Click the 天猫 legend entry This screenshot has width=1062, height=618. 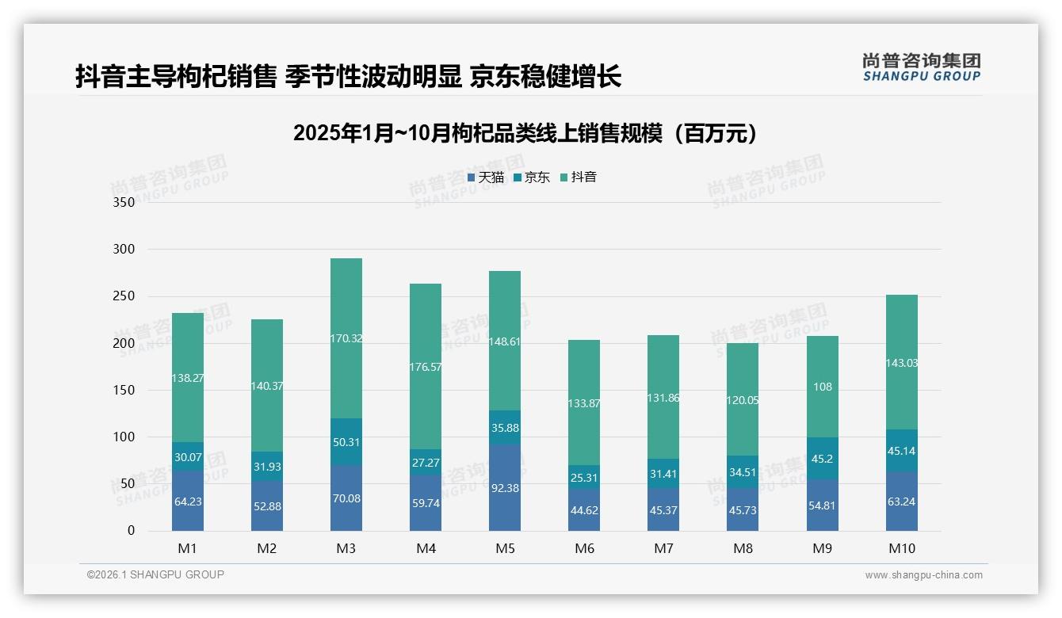pyautogui.click(x=486, y=177)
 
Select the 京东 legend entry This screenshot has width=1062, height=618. pyautogui.click(x=532, y=177)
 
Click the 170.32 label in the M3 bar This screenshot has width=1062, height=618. pyautogui.click(x=346, y=338)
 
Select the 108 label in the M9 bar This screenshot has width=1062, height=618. pyautogui.click(x=823, y=387)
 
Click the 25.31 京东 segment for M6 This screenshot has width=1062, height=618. pyautogui.click(x=584, y=478)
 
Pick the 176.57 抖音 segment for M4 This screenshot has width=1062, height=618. pyautogui.click(x=426, y=367)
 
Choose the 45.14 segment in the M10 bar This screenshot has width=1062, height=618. pyautogui.click(x=902, y=451)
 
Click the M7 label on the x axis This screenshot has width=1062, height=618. pyautogui.click(x=663, y=548)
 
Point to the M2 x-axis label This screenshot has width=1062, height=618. pyautogui.click(x=267, y=548)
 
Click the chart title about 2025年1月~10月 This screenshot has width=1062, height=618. pyautogui.click(x=525, y=133)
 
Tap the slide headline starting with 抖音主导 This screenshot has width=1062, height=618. pyautogui.click(x=348, y=76)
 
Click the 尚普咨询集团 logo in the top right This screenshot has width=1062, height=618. pyautogui.click(x=921, y=67)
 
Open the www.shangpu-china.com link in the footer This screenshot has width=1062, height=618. pyautogui.click(x=923, y=575)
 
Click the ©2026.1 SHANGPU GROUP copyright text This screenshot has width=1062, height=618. pyautogui.click(x=155, y=574)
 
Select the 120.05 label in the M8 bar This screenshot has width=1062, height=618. pyautogui.click(x=743, y=400)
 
